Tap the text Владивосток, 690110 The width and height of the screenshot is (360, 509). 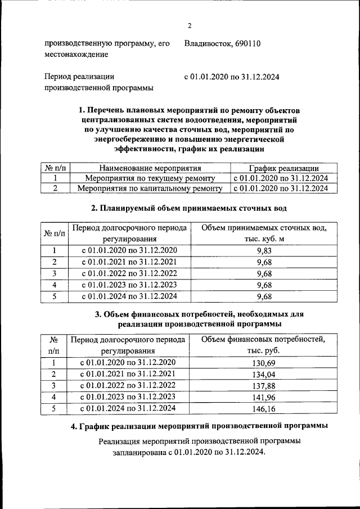point(222,43)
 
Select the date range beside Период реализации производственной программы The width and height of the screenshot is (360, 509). point(232,76)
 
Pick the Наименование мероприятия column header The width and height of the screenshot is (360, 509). point(150,168)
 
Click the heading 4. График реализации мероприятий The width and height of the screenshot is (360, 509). point(199,427)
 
